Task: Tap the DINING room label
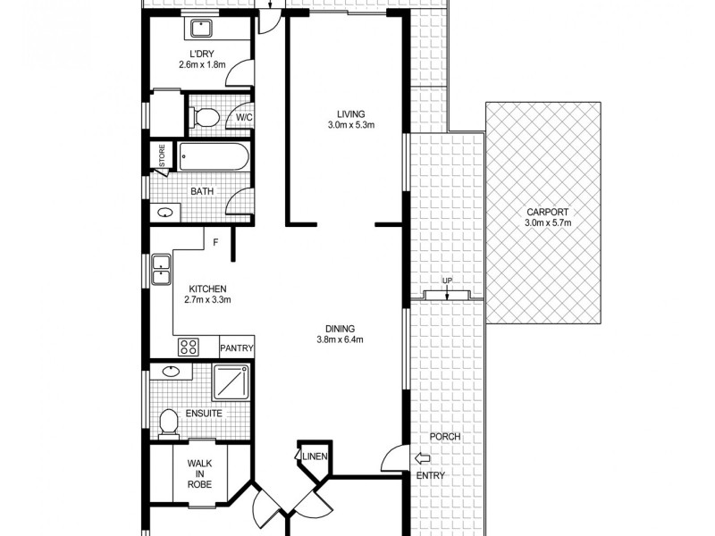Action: click(x=339, y=327)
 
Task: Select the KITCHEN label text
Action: click(x=207, y=289)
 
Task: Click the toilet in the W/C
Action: click(x=205, y=117)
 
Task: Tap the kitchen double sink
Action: click(x=161, y=270)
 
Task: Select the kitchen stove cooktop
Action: click(x=188, y=347)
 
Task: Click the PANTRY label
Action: click(x=237, y=348)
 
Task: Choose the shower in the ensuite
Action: click(x=232, y=381)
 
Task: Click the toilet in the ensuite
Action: click(x=167, y=422)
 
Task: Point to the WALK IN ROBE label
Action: click(x=199, y=473)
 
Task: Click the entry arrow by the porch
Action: click(x=423, y=459)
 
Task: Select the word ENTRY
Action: click(x=430, y=475)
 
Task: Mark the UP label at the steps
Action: click(x=448, y=281)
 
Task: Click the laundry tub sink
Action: click(x=199, y=29)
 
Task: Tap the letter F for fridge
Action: click(x=215, y=241)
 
